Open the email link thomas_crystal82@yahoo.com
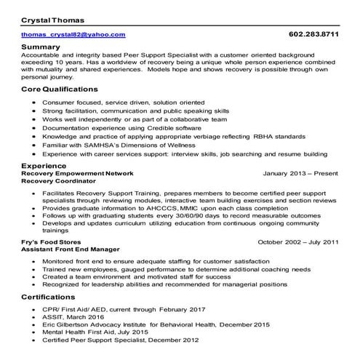tap(73, 34)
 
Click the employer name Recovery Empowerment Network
tap(78, 174)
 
